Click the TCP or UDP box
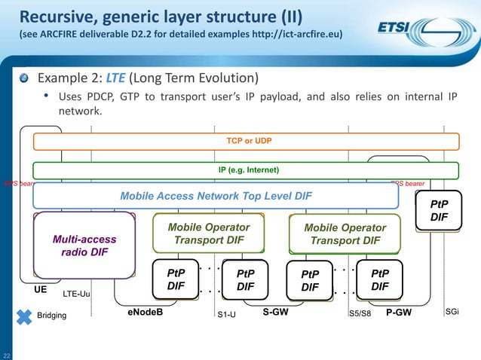pyautogui.click(x=240, y=141)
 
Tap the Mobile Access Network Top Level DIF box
pyautogui.click(x=216, y=196)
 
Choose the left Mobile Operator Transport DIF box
pyautogui.click(x=209, y=233)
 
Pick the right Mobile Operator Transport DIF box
pyautogui.click(x=345, y=234)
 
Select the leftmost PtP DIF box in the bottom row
pyautogui.click(x=175, y=279)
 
